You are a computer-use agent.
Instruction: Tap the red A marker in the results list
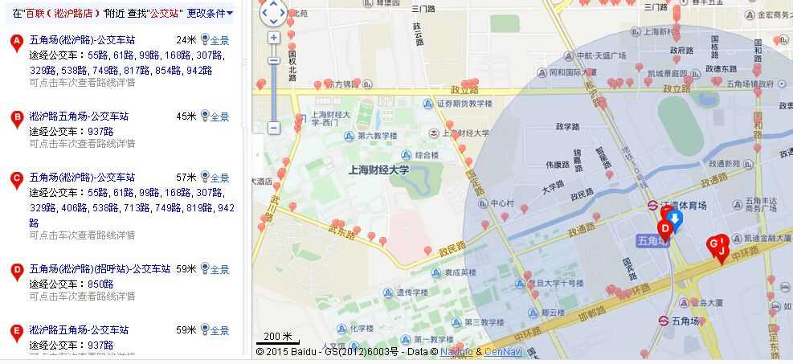[16, 43]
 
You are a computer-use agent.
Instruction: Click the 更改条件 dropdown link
[210, 13]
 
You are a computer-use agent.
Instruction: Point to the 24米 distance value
[186, 40]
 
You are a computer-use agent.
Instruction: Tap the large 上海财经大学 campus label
[378, 170]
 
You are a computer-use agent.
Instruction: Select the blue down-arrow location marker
[675, 220]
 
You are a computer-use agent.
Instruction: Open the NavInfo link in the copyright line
[456, 352]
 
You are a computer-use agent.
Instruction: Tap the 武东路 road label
[341, 234]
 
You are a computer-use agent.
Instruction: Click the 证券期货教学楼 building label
[464, 104]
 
